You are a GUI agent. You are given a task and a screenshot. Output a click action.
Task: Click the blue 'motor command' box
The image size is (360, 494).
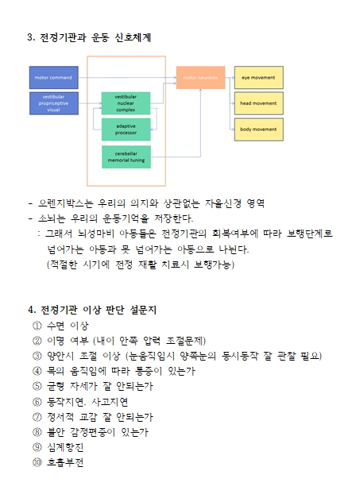(53, 78)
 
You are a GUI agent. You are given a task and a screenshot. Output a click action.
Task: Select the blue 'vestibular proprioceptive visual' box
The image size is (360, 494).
(53, 103)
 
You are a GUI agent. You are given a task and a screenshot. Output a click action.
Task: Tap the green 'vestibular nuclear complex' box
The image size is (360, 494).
(126, 103)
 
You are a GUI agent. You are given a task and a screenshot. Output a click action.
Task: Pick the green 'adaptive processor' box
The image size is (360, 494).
(126, 129)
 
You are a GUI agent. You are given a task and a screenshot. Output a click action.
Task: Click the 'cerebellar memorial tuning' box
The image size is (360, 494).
(126, 157)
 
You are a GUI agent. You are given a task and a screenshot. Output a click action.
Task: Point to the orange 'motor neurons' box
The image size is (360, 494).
(200, 78)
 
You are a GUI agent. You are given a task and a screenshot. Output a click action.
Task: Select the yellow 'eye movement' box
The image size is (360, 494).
(258, 78)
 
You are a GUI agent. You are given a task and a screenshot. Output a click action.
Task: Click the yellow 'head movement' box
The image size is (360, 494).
(258, 103)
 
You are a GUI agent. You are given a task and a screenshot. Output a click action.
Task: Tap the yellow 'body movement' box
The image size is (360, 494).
(258, 129)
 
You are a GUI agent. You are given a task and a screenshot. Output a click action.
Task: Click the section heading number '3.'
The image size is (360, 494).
(31, 37)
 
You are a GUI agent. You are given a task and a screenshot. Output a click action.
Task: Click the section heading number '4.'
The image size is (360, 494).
(32, 310)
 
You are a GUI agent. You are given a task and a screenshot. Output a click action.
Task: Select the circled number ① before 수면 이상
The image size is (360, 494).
(37, 326)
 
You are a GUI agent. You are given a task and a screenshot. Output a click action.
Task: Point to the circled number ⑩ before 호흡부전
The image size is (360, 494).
(37, 462)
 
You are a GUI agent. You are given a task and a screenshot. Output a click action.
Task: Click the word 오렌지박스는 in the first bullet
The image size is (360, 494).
(66, 203)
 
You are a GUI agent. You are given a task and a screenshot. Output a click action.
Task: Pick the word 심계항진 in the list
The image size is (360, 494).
(65, 447)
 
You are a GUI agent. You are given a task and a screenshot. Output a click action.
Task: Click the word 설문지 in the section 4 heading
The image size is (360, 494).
(143, 310)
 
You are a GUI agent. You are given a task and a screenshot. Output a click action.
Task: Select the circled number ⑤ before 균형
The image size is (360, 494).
(37, 386)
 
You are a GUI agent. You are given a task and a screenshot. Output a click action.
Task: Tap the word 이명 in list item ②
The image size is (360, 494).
(56, 341)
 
